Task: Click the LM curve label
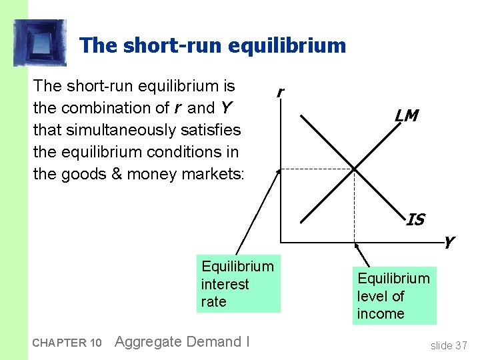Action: pos(406,116)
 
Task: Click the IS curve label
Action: pos(415,219)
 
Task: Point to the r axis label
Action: pos(281,93)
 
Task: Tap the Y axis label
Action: pos(449,243)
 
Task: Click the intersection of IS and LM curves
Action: pos(353,167)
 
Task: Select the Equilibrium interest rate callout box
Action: pos(237,284)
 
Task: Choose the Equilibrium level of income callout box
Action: pos(394,296)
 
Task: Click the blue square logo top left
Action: pos(40,43)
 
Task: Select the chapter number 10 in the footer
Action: pos(95,343)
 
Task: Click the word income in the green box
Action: pos(381,313)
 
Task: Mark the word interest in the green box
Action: pos(225,284)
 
